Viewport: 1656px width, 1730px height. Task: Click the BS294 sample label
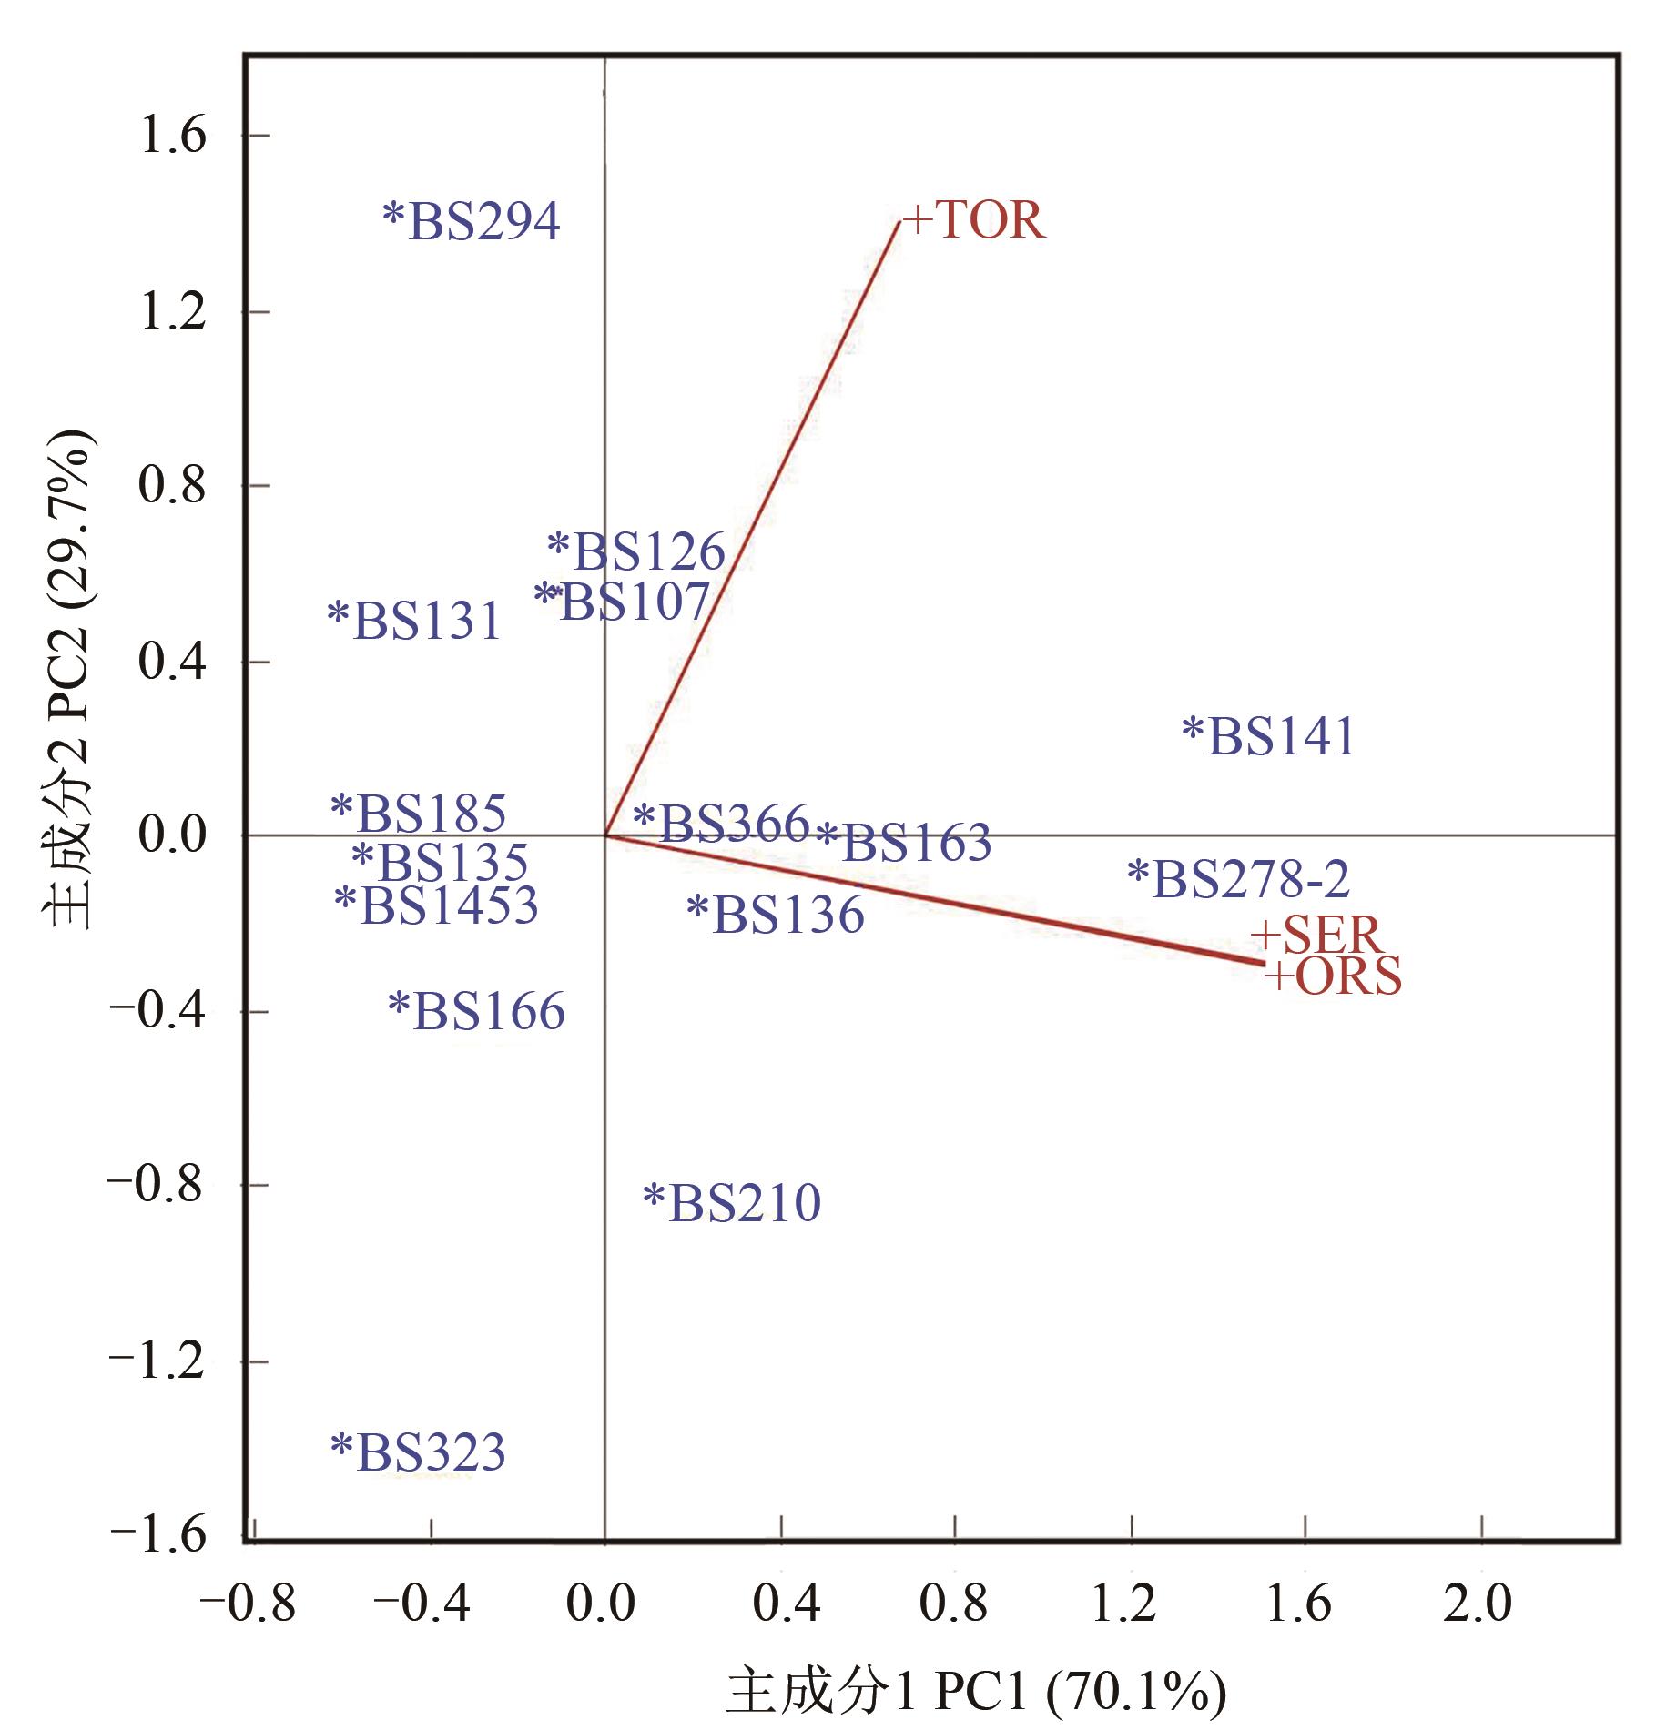click(472, 221)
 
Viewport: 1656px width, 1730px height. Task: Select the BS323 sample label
click(418, 1452)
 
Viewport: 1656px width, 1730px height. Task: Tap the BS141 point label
click(1269, 736)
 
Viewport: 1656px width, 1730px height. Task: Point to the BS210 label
click(732, 1203)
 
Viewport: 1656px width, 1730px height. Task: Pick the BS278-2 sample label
click(1238, 879)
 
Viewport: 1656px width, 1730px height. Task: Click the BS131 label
click(415, 621)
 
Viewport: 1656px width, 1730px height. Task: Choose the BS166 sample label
click(476, 1012)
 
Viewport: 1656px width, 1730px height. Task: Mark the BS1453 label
click(437, 905)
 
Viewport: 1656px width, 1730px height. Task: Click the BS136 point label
click(776, 915)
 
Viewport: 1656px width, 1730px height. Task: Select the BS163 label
click(904, 843)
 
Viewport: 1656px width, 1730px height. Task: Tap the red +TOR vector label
click(974, 220)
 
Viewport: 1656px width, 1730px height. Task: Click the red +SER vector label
click(1316, 935)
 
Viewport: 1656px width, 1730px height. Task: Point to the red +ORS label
click(1334, 977)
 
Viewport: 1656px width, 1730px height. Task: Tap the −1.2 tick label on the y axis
click(157, 1362)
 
